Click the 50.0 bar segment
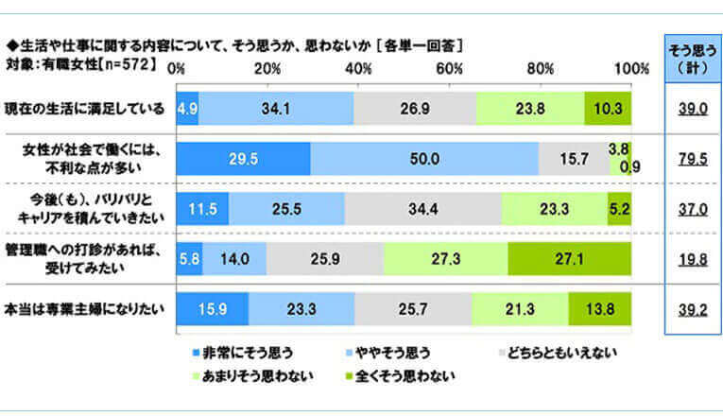click(424, 160)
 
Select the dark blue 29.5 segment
click(243, 160)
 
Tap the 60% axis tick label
click(449, 69)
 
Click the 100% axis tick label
click(630, 69)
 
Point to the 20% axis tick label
click(267, 69)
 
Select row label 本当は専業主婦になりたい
click(84, 305)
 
